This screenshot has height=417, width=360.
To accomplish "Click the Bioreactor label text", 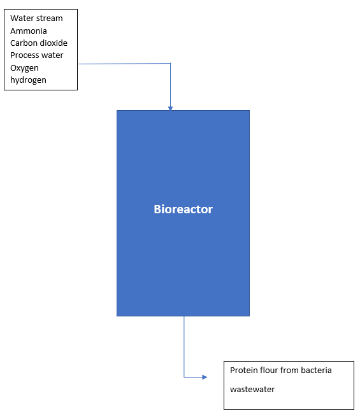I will (x=183, y=209).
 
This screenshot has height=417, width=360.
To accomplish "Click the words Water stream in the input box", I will (x=36, y=18).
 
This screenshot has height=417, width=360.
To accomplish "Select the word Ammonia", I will (x=29, y=31).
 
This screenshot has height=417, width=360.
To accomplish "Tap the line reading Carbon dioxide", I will (x=39, y=43).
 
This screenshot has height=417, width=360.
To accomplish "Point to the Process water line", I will (x=37, y=55).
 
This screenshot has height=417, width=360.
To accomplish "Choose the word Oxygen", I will (x=24, y=67).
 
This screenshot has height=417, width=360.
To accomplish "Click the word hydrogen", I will (x=28, y=80).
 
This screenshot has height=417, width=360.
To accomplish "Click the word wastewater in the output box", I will (x=252, y=389).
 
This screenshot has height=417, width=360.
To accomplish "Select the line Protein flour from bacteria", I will (x=280, y=370).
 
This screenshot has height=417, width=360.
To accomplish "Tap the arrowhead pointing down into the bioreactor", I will (x=170, y=108).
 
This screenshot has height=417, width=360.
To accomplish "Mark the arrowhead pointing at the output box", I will (x=205, y=377).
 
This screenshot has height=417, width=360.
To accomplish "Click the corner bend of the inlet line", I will (x=170, y=64).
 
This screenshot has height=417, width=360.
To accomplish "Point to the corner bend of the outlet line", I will (x=184, y=377).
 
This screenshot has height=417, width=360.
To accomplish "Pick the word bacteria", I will (x=316, y=370).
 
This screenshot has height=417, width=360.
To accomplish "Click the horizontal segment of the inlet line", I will (x=124, y=64).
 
